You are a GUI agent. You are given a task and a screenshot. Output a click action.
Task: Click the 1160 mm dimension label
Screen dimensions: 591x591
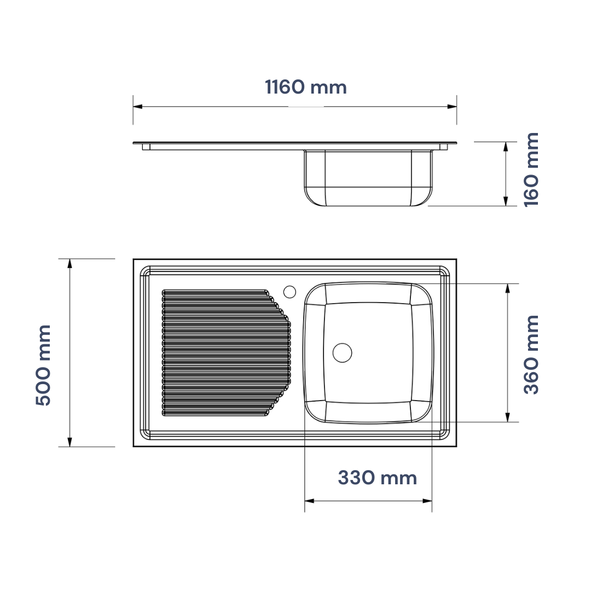coord(306,87)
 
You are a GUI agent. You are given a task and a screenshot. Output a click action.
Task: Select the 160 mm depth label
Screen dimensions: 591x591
coord(531,170)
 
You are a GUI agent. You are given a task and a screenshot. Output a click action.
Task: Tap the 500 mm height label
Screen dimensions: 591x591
coord(43,365)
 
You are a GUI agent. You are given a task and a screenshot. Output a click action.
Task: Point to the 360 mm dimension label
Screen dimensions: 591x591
coord(531,355)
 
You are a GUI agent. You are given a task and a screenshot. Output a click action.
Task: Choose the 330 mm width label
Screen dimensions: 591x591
coord(377,478)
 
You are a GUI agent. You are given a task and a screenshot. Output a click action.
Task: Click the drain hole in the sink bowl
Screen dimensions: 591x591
coord(342,353)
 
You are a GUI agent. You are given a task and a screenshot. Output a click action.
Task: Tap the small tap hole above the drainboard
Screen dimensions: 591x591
coord(289,292)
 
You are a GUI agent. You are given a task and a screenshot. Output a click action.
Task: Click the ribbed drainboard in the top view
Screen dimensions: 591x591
coord(226,353)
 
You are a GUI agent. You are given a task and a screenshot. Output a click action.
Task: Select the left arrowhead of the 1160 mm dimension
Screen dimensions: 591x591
coord(137,107)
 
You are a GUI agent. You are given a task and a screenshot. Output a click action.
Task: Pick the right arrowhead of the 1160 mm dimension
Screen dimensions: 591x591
coord(452,107)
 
